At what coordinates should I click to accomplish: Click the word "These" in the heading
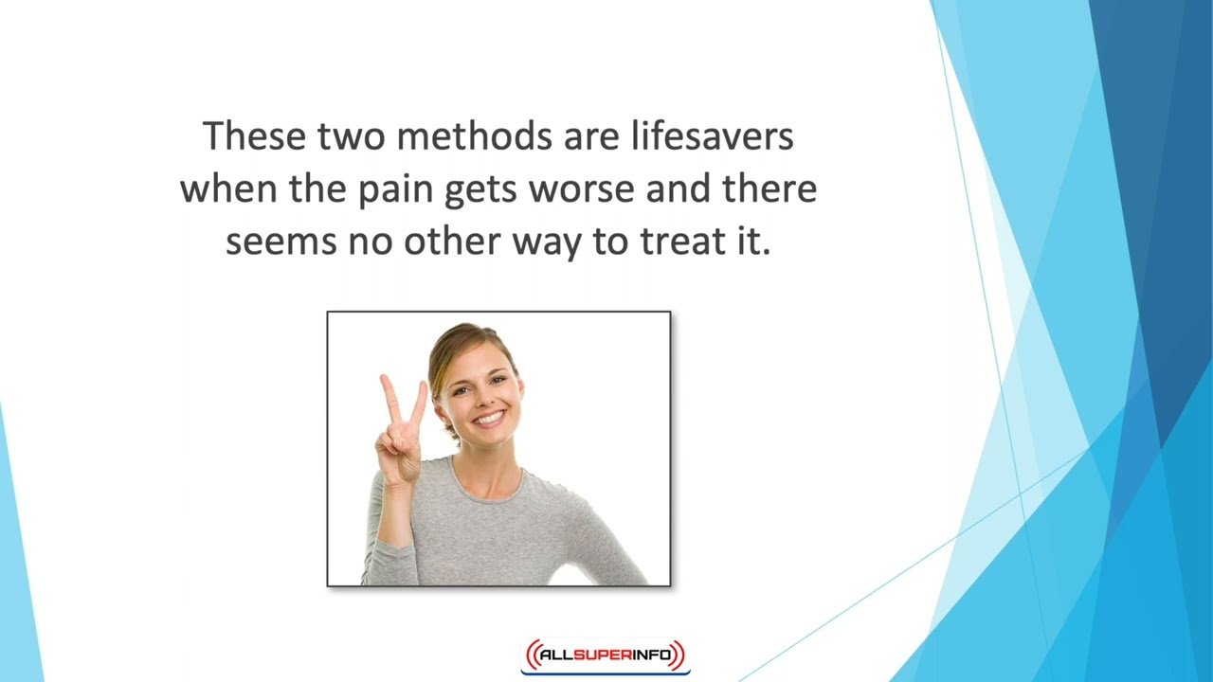point(254,135)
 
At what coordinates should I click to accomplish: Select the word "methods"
point(474,135)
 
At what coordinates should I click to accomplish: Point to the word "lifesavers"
point(712,135)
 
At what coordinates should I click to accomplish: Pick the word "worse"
point(581,190)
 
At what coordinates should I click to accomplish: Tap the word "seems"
point(281,243)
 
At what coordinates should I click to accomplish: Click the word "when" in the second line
point(228,188)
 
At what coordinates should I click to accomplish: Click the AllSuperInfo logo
point(606,656)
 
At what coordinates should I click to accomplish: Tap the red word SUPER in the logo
point(602,655)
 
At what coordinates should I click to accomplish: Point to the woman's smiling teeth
point(489,418)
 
